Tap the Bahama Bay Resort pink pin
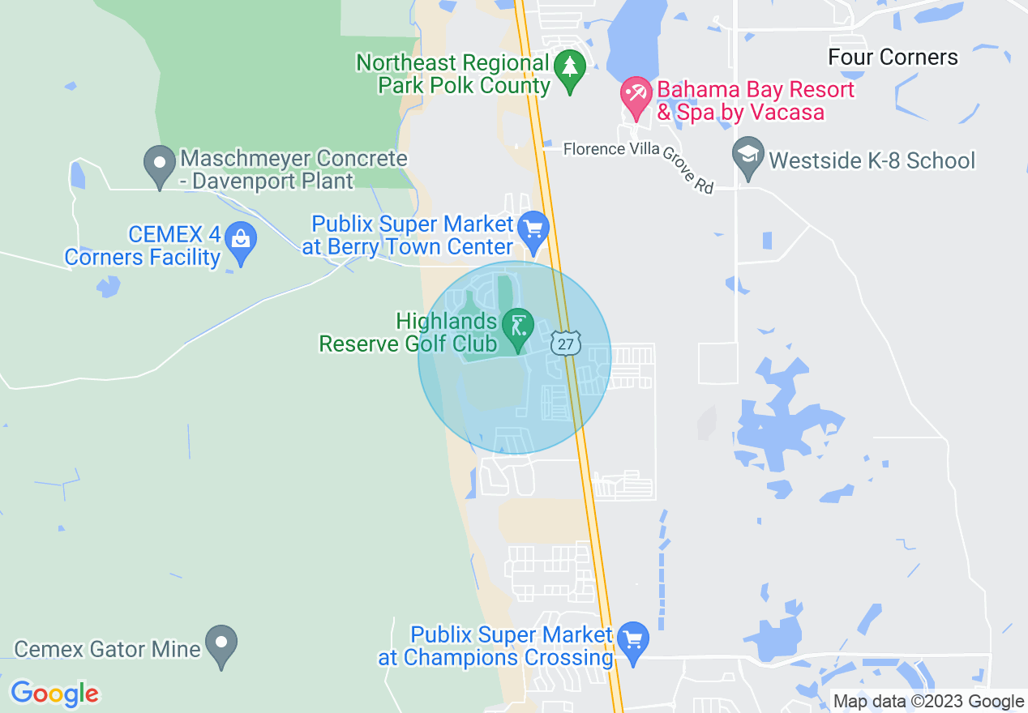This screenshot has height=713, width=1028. tap(635, 96)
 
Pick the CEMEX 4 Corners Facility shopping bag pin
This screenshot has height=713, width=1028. tap(240, 241)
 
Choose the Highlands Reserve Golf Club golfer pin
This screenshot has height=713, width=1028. tap(516, 328)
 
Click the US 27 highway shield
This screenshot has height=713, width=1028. tap(566, 344)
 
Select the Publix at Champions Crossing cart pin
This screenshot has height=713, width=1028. tap(632, 642)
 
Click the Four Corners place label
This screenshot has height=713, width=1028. tap(893, 58)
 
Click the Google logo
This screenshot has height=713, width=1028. tap(54, 694)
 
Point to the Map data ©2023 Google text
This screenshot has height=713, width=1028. tap(928, 702)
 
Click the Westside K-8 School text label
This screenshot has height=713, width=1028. tap(872, 160)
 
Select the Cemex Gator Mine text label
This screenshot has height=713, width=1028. tap(108, 649)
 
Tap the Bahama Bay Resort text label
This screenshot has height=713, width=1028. tap(755, 100)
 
